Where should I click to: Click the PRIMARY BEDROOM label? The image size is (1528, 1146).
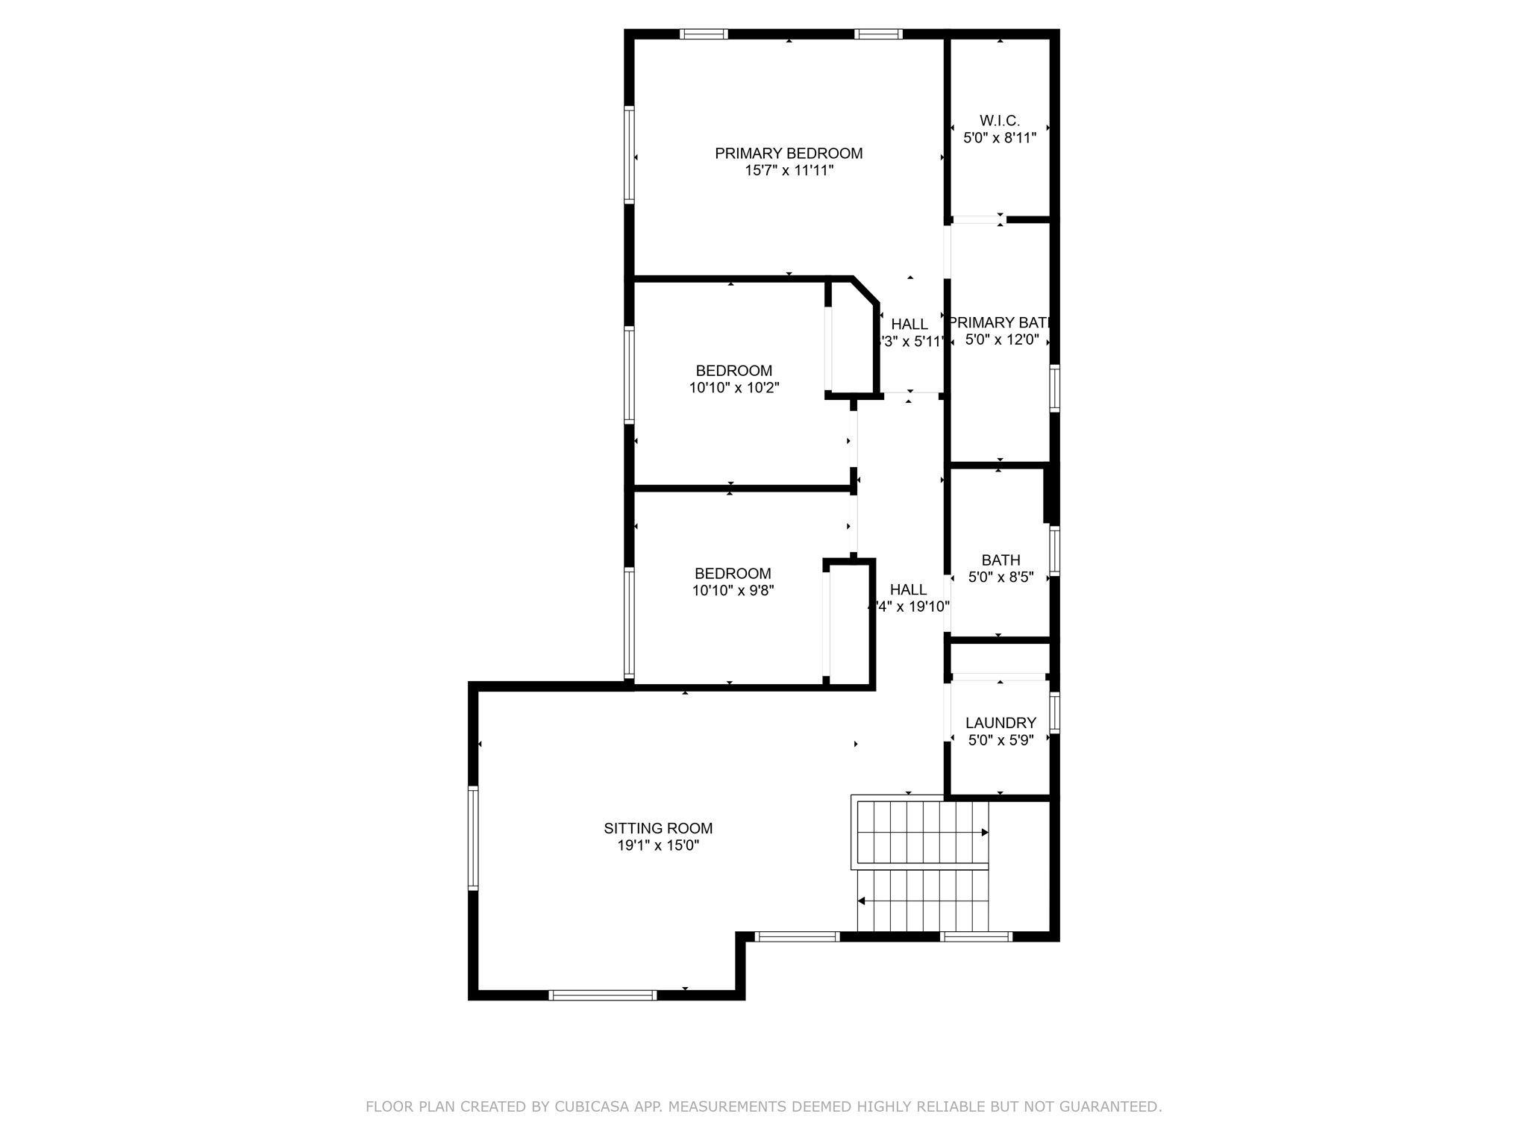point(789,154)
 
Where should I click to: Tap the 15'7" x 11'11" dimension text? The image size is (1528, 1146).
point(789,171)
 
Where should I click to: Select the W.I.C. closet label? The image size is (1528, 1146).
point(1000,121)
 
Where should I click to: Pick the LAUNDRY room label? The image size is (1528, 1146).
point(1001,723)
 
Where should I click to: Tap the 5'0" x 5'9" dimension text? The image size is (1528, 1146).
point(1001,741)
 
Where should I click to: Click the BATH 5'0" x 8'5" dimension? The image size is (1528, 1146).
point(1001,577)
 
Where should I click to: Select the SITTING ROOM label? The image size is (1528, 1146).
point(658,828)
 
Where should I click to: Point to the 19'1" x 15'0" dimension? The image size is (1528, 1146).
point(658,846)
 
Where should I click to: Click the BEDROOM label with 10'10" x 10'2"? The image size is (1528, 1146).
point(733,371)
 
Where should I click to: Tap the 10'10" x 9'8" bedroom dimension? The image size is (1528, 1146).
point(733,591)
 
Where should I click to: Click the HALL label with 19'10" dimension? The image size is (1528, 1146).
point(908,589)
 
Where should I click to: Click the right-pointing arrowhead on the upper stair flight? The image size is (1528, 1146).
point(985,833)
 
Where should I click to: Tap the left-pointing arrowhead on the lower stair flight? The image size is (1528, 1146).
point(861,901)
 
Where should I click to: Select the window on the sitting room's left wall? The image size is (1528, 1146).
point(473,838)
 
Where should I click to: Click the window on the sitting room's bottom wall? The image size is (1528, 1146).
point(602,995)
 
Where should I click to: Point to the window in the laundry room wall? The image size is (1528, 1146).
point(1055,713)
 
